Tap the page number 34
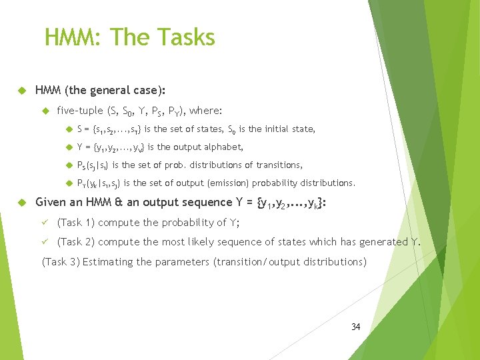355,327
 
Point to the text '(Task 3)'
61,262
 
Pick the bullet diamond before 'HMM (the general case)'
21,90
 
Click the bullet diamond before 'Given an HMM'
21,203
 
